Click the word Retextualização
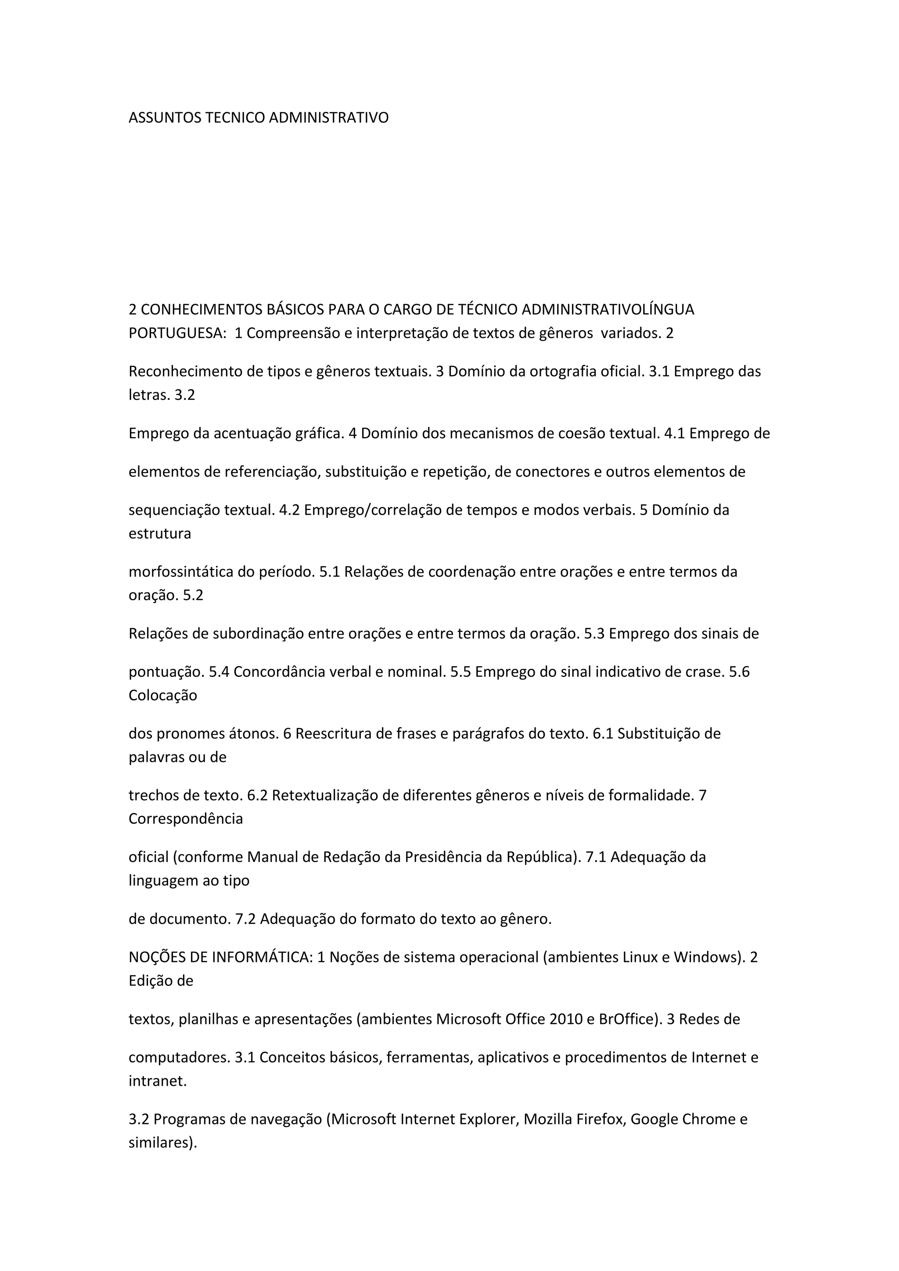pyautogui.click(x=329, y=796)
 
